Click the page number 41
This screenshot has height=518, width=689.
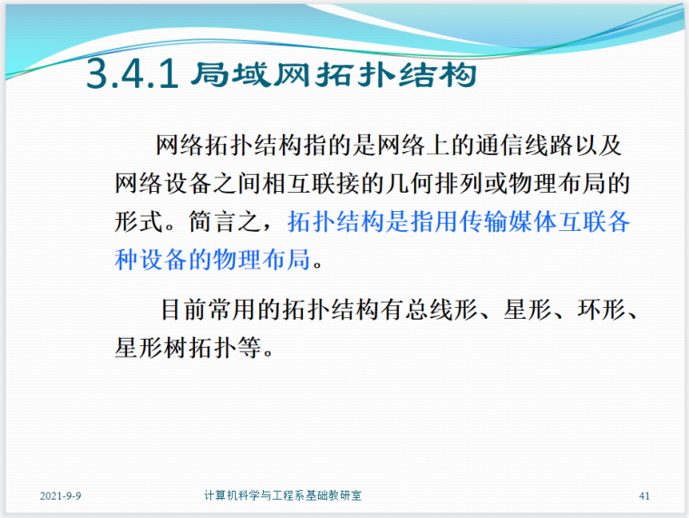pos(645,496)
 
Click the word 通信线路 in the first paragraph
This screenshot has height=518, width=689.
pos(524,146)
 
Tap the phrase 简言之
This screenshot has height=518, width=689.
pos(230,223)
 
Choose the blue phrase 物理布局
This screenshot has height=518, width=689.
pos(267,261)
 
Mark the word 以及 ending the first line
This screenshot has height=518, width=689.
pos(600,146)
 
